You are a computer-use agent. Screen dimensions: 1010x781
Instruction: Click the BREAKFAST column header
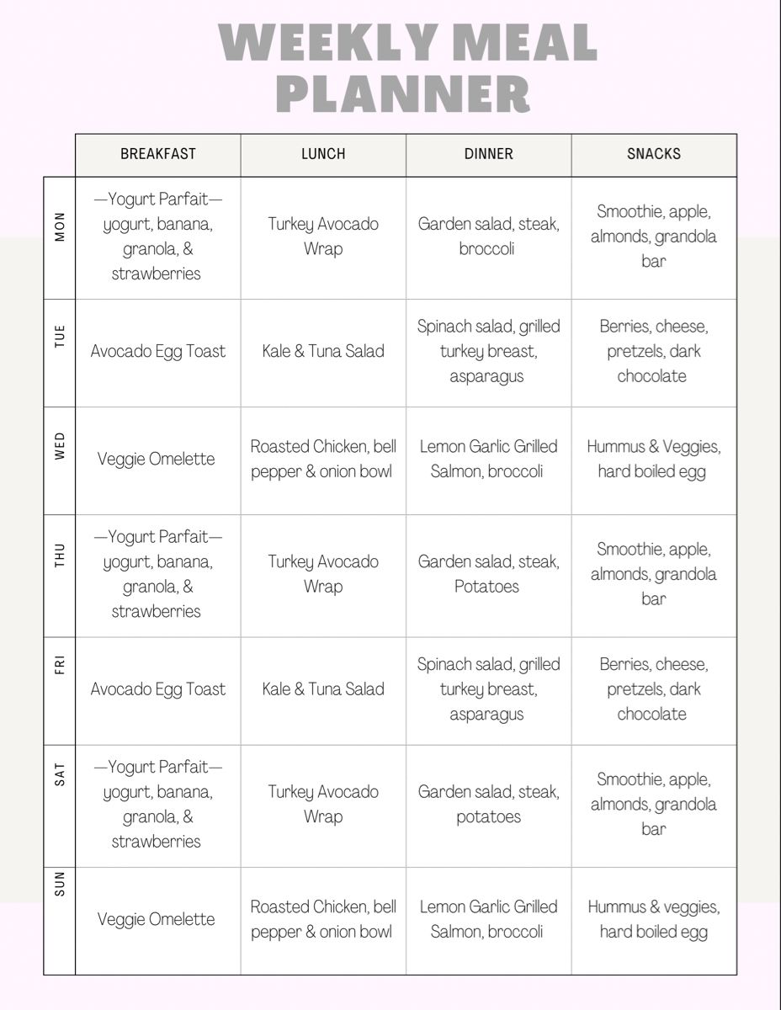tap(158, 154)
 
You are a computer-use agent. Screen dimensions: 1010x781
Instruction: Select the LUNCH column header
tap(323, 154)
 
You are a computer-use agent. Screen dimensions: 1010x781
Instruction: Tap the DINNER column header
tap(488, 154)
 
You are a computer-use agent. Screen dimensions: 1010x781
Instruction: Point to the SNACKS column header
tap(654, 154)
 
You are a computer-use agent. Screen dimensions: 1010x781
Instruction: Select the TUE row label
tap(60, 337)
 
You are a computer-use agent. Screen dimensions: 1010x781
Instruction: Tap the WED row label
tap(60, 446)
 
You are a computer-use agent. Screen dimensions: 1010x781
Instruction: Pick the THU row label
tap(60, 555)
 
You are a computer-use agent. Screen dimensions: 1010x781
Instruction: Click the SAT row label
tap(60, 774)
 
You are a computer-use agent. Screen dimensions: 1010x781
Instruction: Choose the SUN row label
tap(60, 884)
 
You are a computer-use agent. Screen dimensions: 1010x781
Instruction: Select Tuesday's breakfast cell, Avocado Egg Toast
tap(158, 351)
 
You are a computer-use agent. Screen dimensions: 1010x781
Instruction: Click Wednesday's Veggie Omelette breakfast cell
tap(157, 459)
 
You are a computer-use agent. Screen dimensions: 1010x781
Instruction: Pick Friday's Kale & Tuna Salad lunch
tap(323, 688)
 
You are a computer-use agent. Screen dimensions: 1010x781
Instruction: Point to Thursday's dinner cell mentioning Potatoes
tap(488, 574)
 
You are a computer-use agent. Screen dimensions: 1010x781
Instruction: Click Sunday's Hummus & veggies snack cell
tap(654, 919)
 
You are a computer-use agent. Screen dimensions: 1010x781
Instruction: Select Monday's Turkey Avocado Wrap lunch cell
tap(323, 237)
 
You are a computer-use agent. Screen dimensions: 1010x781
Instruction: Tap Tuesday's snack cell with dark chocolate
tap(654, 351)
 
